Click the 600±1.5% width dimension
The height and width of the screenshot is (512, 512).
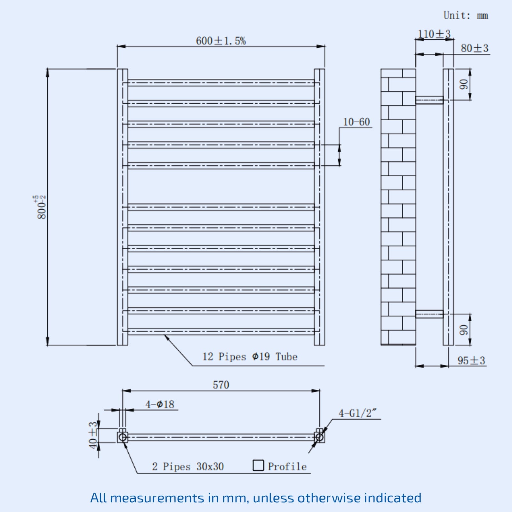coord(221,41)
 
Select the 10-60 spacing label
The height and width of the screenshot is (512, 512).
coord(356,122)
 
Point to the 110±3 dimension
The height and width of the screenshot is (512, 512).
coord(434,34)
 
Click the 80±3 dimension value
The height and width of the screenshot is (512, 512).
coord(475,48)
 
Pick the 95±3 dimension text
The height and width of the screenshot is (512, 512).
coord(471,361)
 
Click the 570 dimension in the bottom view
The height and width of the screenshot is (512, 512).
coord(221,385)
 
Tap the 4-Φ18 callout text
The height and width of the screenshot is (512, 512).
coord(160,404)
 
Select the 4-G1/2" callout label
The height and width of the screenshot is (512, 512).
coord(358,413)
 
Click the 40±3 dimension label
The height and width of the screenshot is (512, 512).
coord(93,435)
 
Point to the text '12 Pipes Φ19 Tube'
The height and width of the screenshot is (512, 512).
coord(250,356)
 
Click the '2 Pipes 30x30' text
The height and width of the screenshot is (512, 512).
coord(188,467)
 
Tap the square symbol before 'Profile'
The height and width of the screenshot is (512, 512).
coord(258,465)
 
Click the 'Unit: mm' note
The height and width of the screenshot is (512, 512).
coord(466,15)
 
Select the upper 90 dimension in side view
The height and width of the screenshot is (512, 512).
coord(463,84)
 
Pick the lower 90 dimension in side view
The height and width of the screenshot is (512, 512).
coord(463,330)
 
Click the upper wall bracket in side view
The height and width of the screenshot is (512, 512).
coord(429,100)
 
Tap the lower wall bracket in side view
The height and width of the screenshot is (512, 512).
coord(429,314)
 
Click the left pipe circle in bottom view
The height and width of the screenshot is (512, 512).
coord(123,437)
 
